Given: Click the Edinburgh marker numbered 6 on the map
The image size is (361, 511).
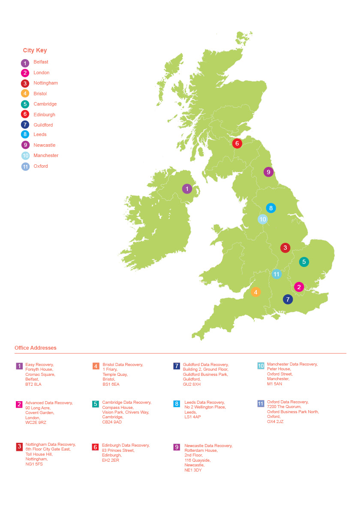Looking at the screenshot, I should click(x=237, y=143).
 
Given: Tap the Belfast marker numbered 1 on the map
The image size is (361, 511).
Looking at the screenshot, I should click(x=187, y=188).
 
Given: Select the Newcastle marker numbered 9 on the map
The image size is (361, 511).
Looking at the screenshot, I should click(x=268, y=172).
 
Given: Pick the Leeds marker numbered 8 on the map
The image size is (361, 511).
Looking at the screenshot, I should click(x=271, y=208).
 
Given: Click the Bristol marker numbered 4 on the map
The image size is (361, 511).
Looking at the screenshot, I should click(x=256, y=292).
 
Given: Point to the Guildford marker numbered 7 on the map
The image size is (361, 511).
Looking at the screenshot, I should click(x=288, y=299).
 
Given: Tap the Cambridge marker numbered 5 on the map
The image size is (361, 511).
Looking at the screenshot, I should click(x=304, y=261).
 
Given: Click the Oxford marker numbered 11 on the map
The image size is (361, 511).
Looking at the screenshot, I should click(x=277, y=274).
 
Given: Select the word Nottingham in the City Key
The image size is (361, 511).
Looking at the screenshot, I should click(x=45, y=83).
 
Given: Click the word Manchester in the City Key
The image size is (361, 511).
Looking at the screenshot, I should click(x=46, y=156).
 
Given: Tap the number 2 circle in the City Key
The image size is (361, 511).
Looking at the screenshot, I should click(x=25, y=73).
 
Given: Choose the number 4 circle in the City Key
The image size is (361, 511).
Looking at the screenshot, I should click(x=25, y=94).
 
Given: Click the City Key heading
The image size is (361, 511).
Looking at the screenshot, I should click(x=35, y=51).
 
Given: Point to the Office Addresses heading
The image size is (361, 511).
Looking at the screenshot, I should click(x=36, y=348).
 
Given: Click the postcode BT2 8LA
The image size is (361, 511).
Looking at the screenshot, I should click(x=33, y=384).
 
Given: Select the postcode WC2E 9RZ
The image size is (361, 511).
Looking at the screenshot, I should click(x=36, y=423).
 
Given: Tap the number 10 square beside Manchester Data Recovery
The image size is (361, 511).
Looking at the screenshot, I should click(x=261, y=366).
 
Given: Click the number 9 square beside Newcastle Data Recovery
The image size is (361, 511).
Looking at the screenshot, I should click(x=177, y=447).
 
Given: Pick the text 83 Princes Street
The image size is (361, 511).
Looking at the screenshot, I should click(x=118, y=451).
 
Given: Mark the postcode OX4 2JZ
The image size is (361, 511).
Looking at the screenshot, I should click(x=275, y=422).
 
